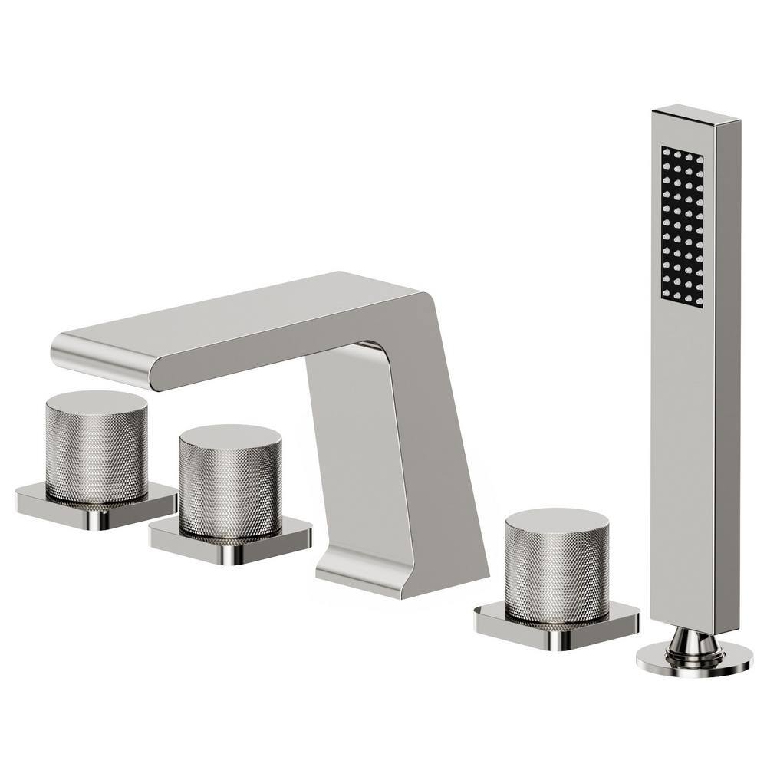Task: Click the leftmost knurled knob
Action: [96, 453]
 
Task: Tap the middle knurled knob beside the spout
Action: [229, 487]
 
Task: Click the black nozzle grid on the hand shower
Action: [682, 226]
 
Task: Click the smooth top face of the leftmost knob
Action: [96, 401]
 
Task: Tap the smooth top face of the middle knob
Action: [229, 436]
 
